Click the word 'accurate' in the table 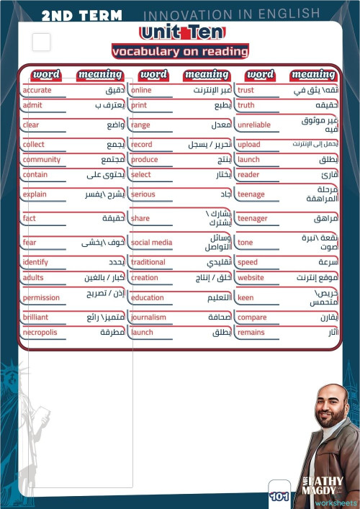tap(37, 90)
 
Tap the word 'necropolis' tap(40, 333)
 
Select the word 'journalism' tap(148, 317)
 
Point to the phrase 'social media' tap(151, 243)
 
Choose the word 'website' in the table tap(251, 277)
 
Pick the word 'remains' tap(251, 333)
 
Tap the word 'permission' tap(41, 297)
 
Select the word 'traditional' tap(148, 262)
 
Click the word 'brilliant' tap(36, 317)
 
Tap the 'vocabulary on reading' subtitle tap(180, 51)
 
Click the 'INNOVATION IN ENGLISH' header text tap(231, 14)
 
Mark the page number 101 tap(279, 497)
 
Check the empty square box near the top tap(42, 42)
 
